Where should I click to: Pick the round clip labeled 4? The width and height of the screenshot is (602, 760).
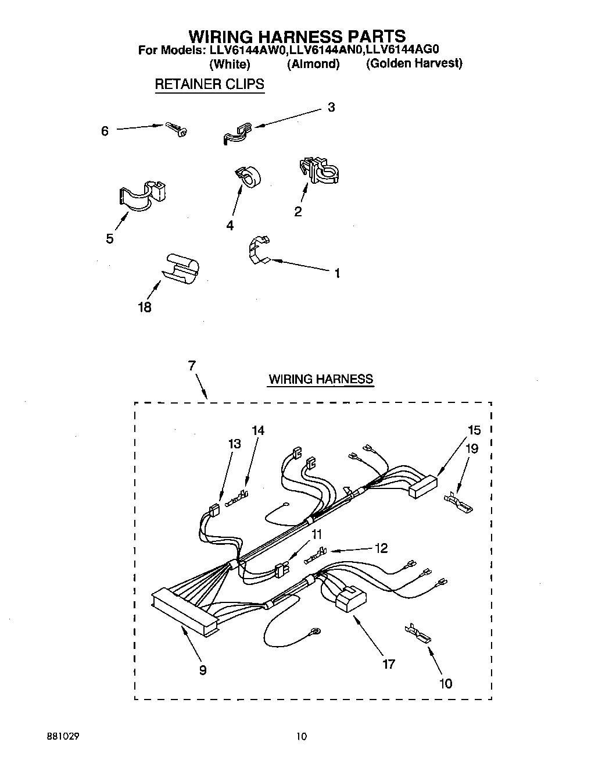click(248, 176)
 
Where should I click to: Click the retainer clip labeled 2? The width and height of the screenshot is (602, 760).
click(318, 170)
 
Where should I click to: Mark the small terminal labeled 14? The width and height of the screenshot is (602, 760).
click(238, 498)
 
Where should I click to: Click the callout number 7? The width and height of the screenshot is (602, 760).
click(192, 366)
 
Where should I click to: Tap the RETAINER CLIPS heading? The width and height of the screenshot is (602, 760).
click(209, 84)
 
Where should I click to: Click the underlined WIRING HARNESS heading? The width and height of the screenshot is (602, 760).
click(320, 379)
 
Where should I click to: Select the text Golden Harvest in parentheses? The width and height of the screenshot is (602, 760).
click(414, 63)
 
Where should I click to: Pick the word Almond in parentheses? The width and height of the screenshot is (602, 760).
click(313, 64)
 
